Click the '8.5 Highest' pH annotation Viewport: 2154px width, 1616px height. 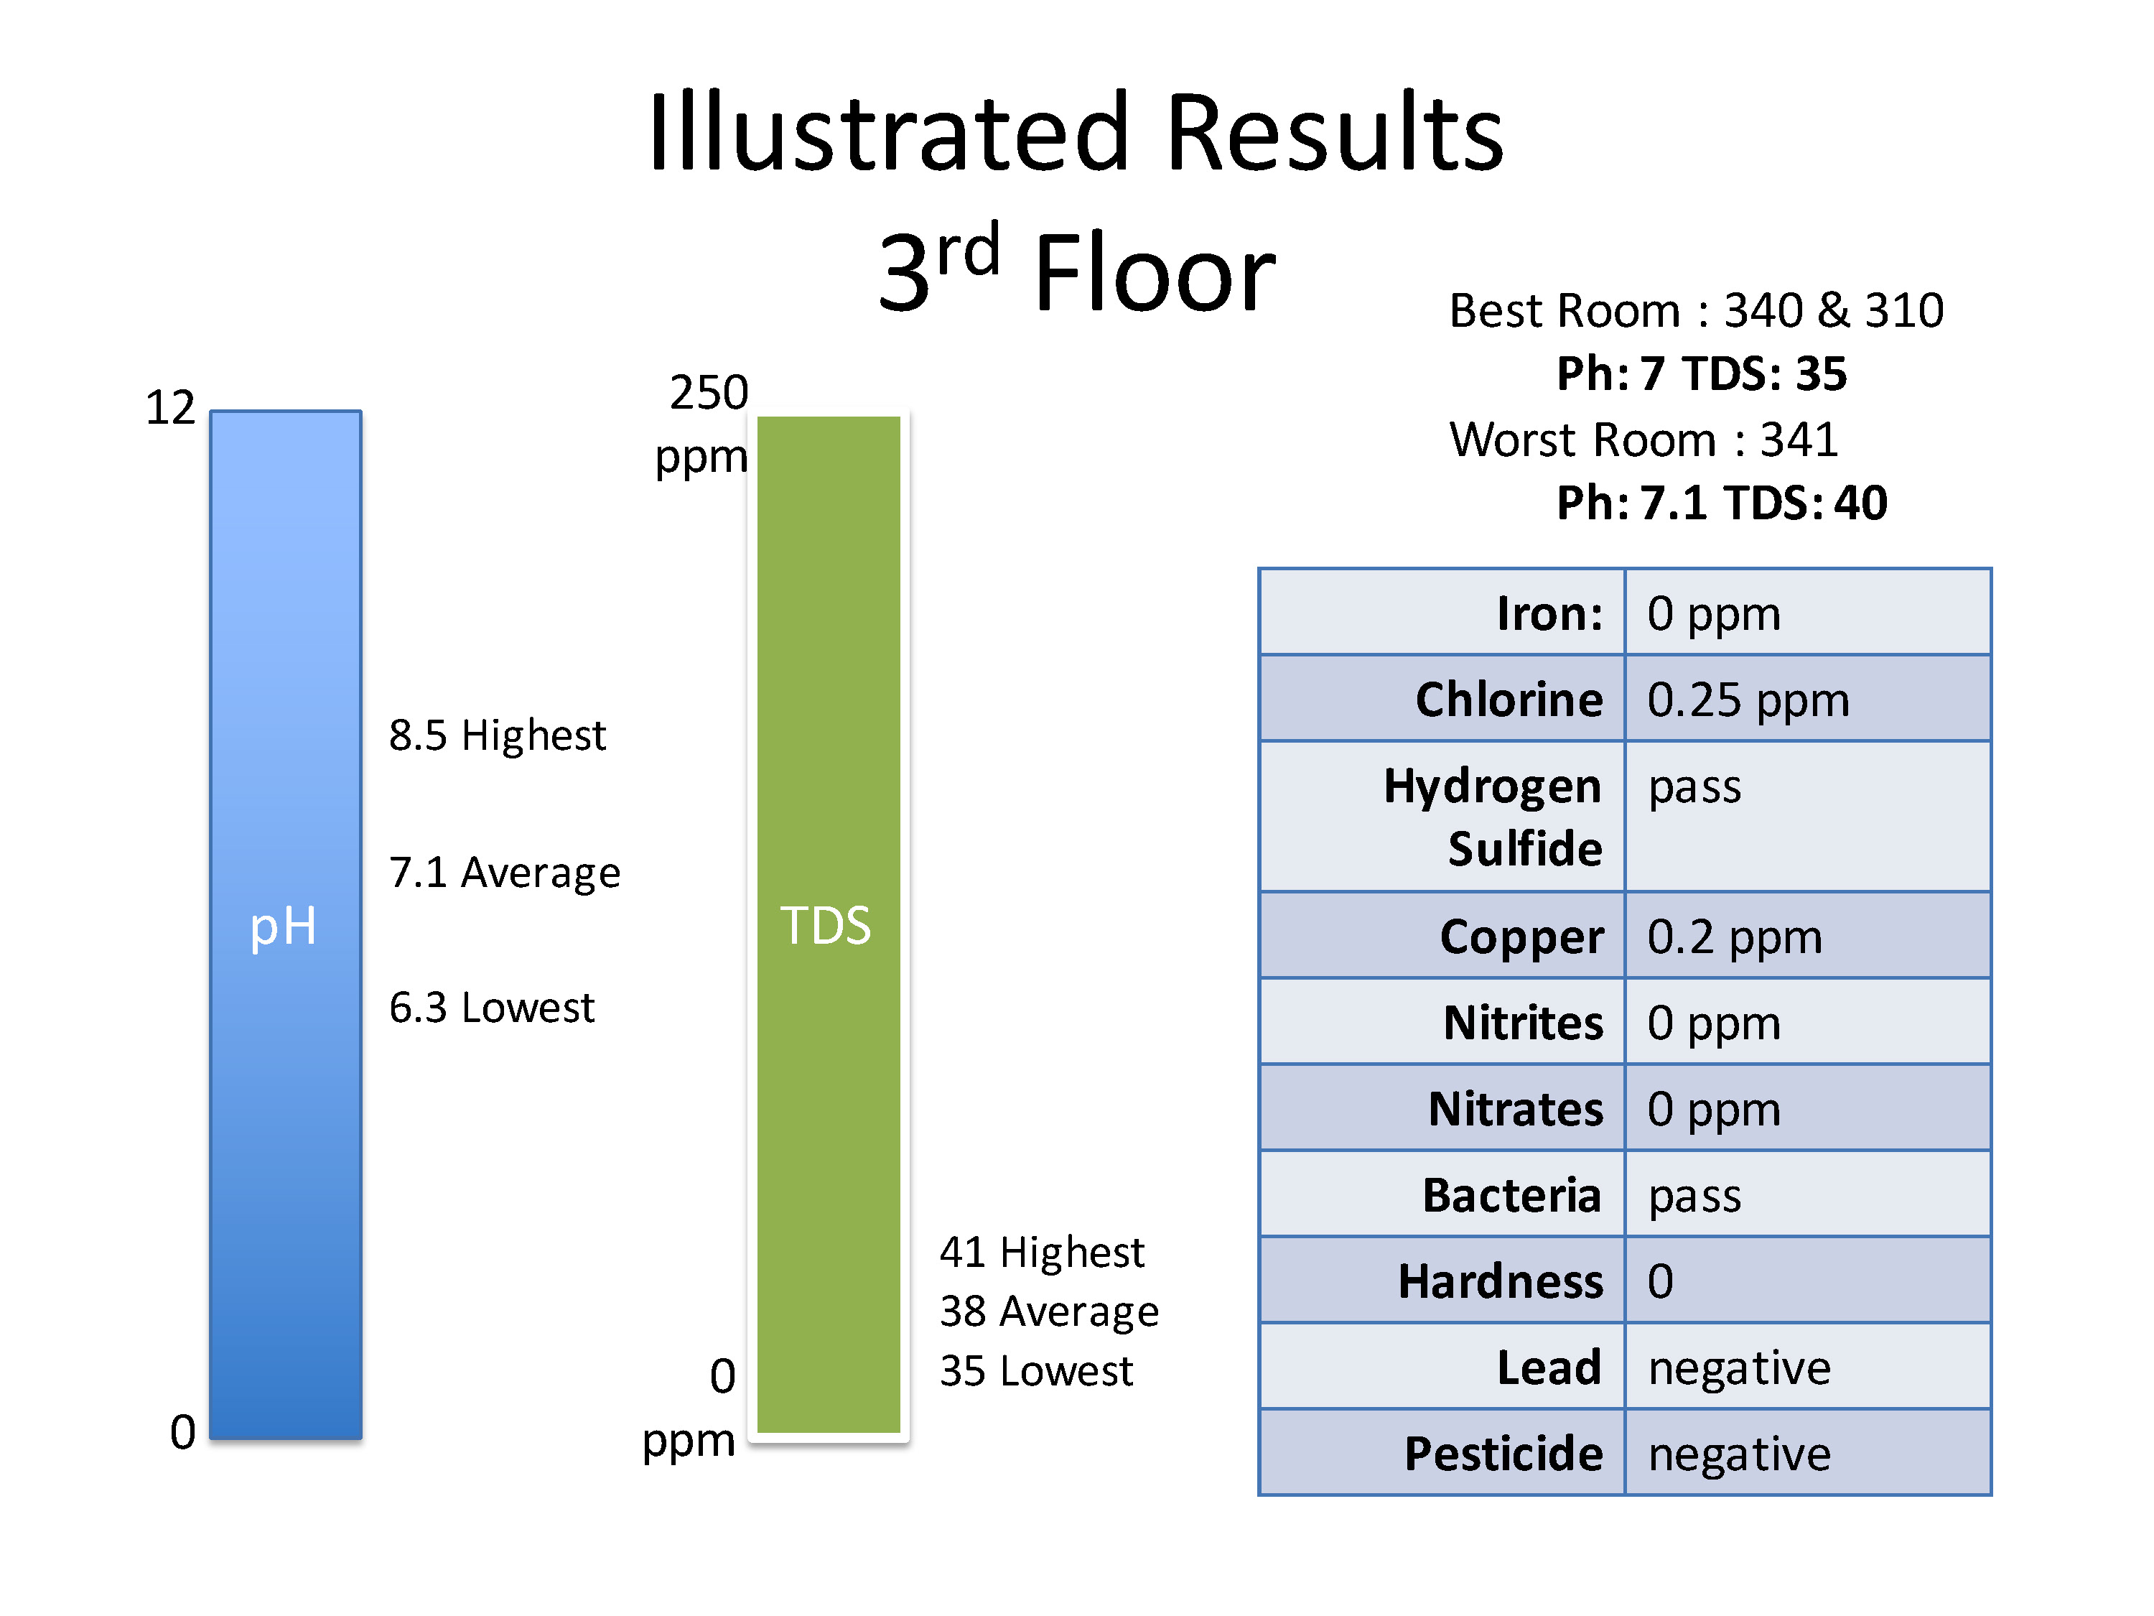[497, 735]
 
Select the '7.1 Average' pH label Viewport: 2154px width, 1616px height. [505, 873]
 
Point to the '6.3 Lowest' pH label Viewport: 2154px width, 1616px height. [492, 1007]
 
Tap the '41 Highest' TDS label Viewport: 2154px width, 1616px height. [1042, 1253]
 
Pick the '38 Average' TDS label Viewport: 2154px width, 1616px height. [1050, 1312]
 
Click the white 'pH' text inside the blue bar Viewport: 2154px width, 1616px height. [284, 927]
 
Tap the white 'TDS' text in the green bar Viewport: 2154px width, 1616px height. [826, 925]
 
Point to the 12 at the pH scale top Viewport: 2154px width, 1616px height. [170, 407]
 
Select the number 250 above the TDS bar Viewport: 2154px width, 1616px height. [709, 393]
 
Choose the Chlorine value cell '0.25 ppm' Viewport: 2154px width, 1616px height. [1748, 700]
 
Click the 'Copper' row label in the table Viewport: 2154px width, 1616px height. [1521, 937]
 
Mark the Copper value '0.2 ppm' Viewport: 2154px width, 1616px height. [1734, 938]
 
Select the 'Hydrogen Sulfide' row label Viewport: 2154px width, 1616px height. [1493, 817]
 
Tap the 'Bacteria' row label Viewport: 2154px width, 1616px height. [1512, 1195]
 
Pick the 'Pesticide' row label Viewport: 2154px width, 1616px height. [1503, 1454]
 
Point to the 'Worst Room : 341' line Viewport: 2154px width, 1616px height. [1644, 440]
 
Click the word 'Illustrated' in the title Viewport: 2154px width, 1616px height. [889, 131]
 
